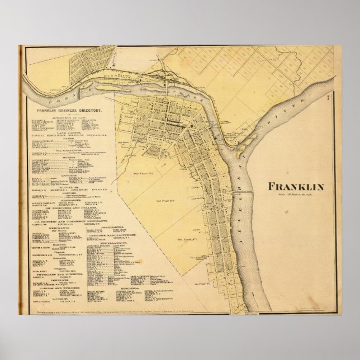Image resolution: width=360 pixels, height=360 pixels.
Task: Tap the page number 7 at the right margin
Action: tap(328, 98)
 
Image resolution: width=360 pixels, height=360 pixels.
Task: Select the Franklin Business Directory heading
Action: tap(69, 111)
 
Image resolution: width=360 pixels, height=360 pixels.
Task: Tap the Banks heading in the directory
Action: tap(68, 138)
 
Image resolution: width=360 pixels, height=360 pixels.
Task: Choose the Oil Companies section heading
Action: tap(68, 149)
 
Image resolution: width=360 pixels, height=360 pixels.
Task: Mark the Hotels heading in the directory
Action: tap(68, 157)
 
